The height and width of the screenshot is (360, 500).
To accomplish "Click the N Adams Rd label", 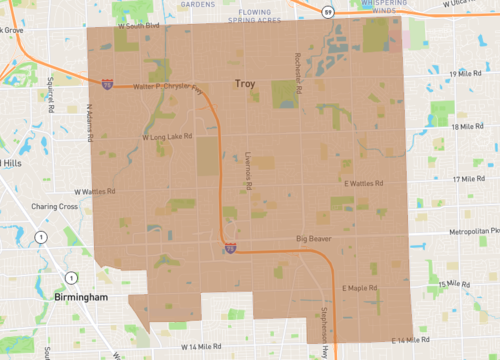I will point(89,123).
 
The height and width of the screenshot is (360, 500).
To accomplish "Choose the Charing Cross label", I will point(54,207).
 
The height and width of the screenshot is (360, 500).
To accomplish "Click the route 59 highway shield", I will point(327,12).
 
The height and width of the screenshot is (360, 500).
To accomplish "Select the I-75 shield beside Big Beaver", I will point(230,245).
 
